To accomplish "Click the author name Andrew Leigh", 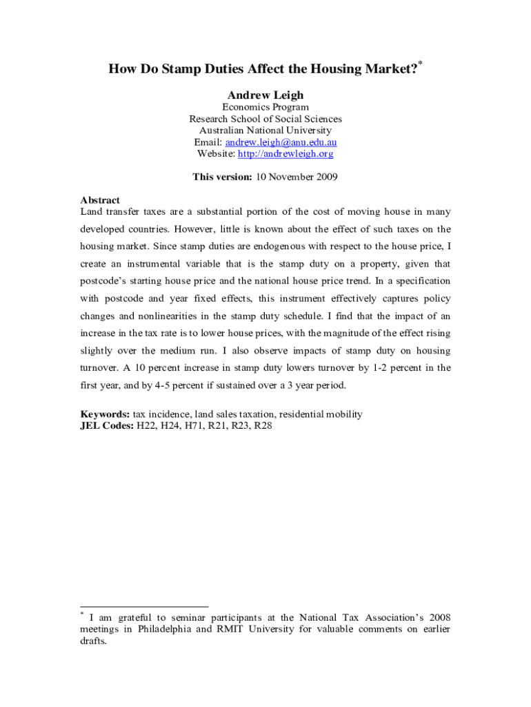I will [265, 95].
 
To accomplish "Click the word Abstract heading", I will [100, 200].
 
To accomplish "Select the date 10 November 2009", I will [297, 177].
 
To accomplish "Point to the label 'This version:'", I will [223, 177].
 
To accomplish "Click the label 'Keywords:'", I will [105, 414].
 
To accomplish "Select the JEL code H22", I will [147, 425].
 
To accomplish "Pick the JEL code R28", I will [263, 425].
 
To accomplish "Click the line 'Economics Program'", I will [265, 107].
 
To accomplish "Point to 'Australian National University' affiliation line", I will [265, 130].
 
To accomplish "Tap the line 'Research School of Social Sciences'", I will [265, 119].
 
